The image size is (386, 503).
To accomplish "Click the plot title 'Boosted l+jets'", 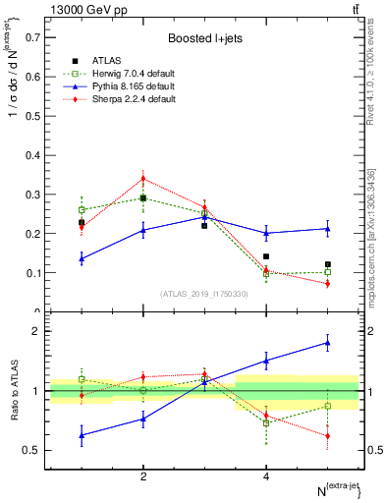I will (x=203, y=38).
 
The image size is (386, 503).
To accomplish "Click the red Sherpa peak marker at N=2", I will (x=143, y=179).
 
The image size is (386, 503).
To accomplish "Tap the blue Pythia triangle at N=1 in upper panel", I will (x=82, y=259).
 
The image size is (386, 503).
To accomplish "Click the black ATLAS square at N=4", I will (x=266, y=256).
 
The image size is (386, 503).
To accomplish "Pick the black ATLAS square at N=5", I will (x=328, y=264).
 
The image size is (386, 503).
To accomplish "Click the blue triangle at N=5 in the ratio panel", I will (x=328, y=342).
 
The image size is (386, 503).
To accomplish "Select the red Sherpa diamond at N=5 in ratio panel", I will (x=328, y=436).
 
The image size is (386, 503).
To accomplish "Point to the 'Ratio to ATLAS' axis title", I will (x=14, y=391).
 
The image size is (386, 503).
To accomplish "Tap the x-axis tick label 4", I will (x=266, y=476).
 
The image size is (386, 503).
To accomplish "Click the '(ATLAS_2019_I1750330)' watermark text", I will (x=203, y=294).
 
